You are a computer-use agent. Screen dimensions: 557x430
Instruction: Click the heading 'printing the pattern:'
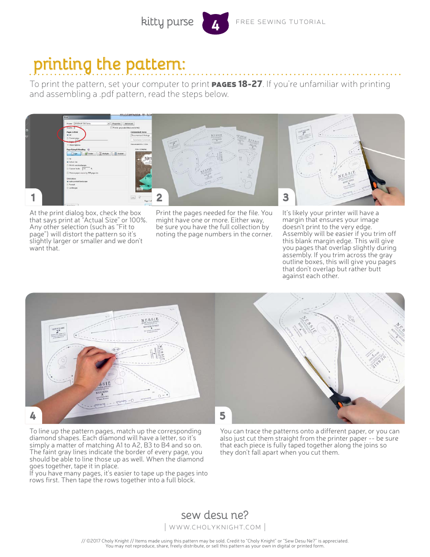(x=109, y=64)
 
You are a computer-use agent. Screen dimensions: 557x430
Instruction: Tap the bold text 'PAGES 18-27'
(x=237, y=84)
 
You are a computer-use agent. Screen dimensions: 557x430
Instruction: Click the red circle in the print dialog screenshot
(x=72, y=135)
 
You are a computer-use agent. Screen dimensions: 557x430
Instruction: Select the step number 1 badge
(x=33, y=197)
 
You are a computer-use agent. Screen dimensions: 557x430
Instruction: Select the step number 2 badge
(x=159, y=197)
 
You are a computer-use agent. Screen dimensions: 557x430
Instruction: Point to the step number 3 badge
(x=286, y=197)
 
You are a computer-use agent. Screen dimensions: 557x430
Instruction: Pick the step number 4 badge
(x=33, y=415)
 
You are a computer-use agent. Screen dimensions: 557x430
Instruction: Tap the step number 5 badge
(x=223, y=415)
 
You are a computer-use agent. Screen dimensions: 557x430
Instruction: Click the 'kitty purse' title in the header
(x=167, y=22)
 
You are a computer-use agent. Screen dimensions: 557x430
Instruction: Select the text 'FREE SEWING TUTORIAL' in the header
(x=281, y=22)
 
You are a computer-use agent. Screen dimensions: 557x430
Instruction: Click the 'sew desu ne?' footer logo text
(x=215, y=515)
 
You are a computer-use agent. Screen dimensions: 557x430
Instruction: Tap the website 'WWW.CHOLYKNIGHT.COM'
(x=215, y=527)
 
